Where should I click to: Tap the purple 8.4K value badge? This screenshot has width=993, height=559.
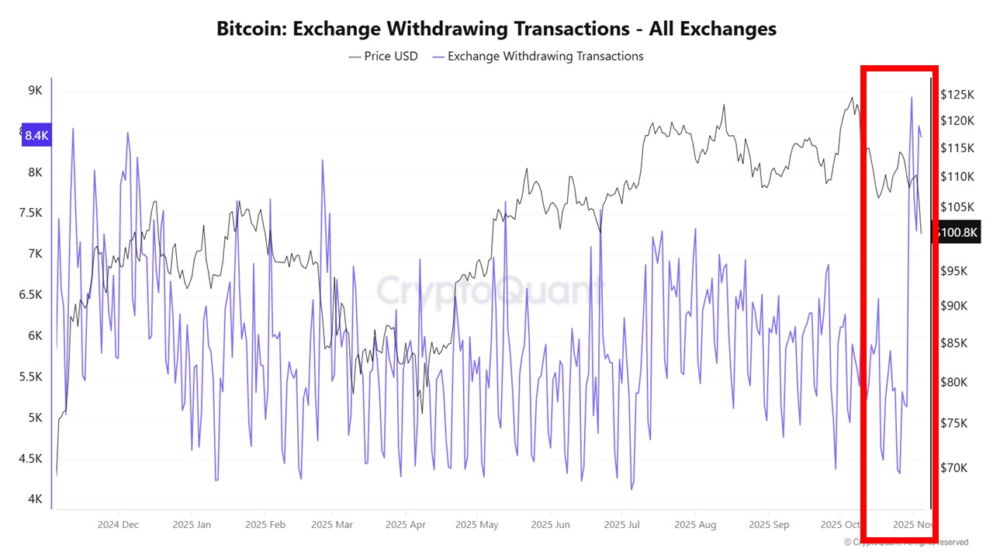(x=36, y=135)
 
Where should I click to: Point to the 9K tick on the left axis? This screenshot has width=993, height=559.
(x=36, y=90)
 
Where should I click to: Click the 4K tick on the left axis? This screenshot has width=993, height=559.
(x=36, y=499)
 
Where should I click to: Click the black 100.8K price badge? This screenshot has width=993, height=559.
(x=959, y=232)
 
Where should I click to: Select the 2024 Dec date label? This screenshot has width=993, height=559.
(x=118, y=525)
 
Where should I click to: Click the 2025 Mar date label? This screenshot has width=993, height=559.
(x=331, y=525)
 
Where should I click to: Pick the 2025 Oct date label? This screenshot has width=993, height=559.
(x=840, y=525)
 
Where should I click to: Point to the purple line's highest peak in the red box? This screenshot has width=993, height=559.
(x=911, y=97)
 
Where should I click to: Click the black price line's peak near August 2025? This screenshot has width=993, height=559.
(x=724, y=105)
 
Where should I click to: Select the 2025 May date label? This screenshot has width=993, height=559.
(x=479, y=525)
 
